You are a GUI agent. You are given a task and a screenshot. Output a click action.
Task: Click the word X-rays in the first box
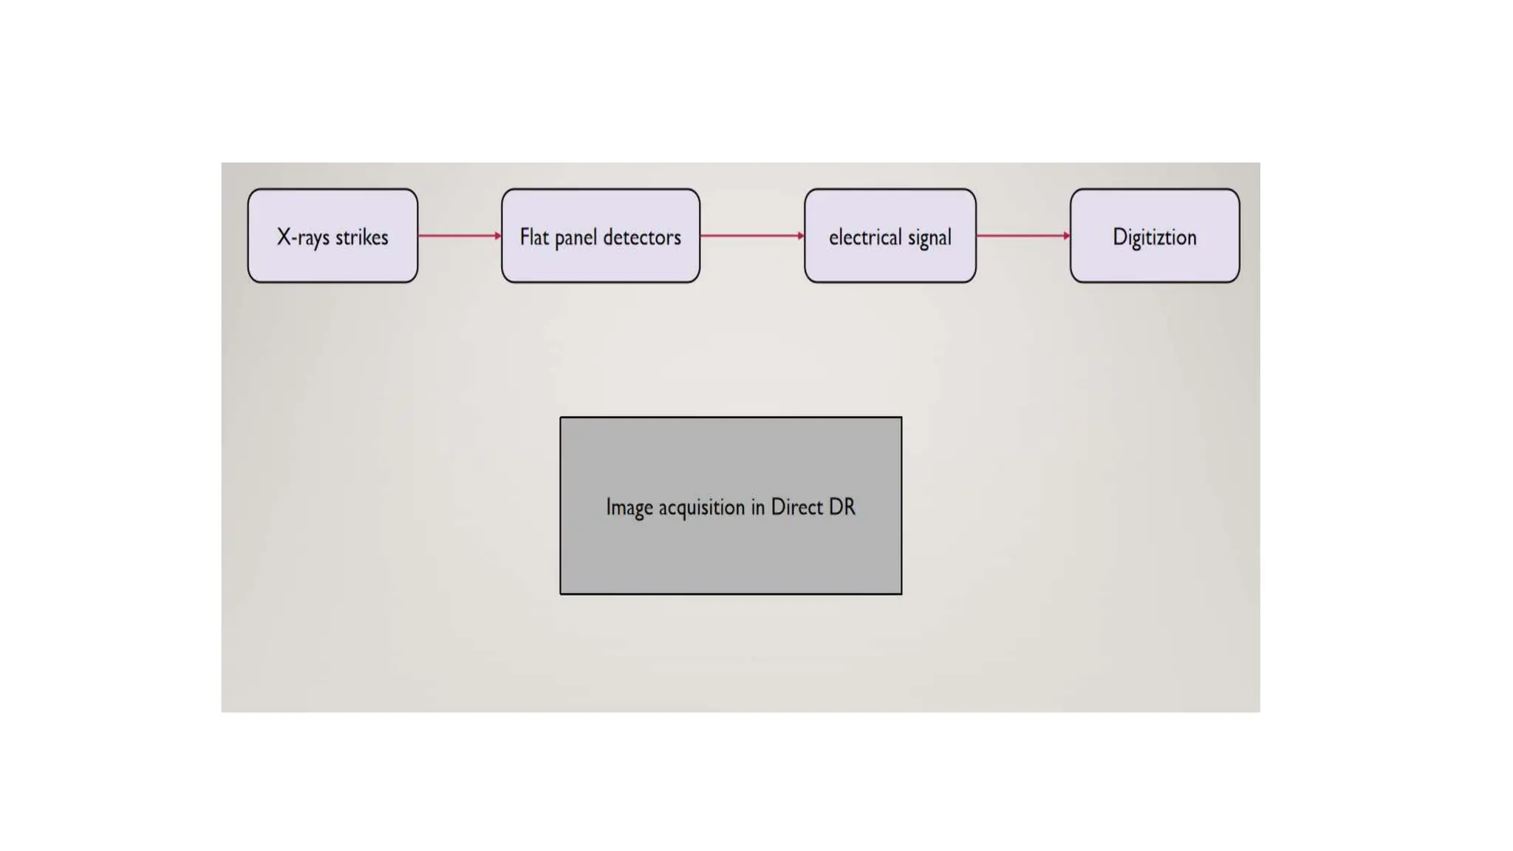[303, 237]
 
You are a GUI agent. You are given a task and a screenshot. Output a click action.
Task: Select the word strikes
[362, 237]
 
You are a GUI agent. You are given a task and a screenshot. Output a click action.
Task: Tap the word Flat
[534, 237]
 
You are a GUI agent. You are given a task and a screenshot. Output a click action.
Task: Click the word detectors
[642, 237]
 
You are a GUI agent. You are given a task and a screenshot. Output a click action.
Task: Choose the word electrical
[865, 237]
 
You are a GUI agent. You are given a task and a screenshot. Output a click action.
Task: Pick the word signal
[929, 238]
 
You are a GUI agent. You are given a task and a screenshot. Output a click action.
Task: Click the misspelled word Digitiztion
[1154, 237]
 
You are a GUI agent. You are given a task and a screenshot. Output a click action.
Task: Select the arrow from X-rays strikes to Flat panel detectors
[459, 236]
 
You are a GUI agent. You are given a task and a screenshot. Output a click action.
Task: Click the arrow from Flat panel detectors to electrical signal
[751, 236]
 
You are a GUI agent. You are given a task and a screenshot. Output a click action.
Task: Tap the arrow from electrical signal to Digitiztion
[1022, 236]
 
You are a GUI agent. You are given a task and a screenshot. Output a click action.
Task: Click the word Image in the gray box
[629, 507]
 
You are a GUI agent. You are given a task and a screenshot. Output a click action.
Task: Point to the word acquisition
[702, 507]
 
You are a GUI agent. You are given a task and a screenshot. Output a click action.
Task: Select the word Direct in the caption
[796, 507]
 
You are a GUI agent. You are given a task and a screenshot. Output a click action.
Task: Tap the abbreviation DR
[842, 507]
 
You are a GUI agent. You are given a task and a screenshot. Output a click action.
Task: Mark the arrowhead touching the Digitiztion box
[1067, 236]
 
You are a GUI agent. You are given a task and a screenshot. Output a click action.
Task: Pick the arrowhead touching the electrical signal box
[801, 236]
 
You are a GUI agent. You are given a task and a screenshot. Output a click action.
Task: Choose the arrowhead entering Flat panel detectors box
[498, 236]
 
